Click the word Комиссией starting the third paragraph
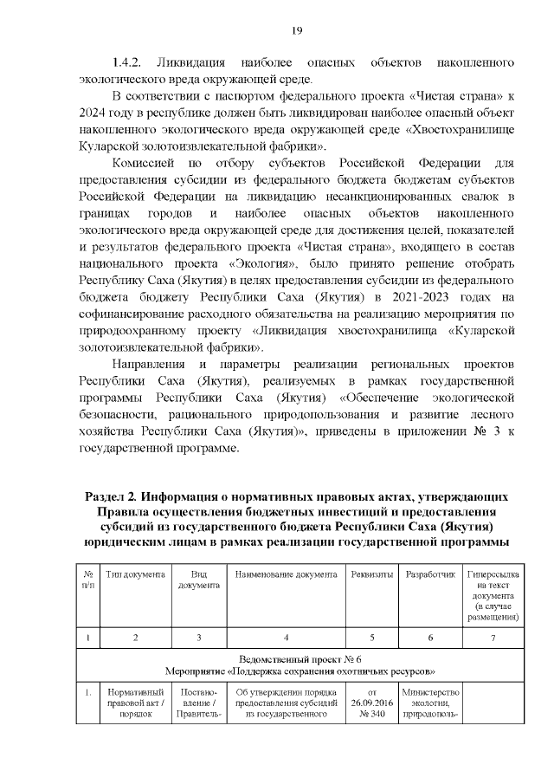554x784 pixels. [x=145, y=164]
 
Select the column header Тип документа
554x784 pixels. [x=134, y=574]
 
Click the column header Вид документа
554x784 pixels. [x=198, y=580]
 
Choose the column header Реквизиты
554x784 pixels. [x=371, y=574]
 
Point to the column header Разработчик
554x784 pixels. [x=430, y=574]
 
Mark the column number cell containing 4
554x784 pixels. [x=286, y=638]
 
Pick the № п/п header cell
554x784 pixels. [x=88, y=580]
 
